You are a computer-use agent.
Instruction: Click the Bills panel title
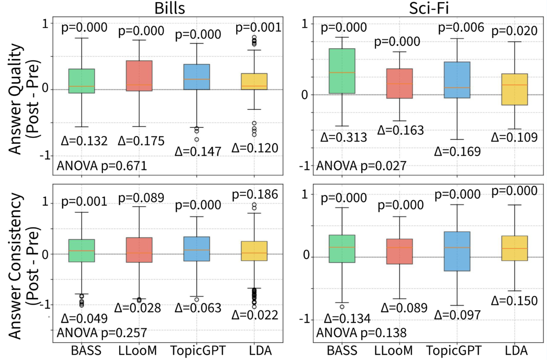click(170, 8)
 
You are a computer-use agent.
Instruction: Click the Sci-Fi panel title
click(429, 8)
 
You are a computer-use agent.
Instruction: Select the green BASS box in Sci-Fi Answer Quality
click(342, 71)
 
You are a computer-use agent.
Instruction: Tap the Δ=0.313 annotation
click(343, 137)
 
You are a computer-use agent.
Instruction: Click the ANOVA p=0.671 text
click(102, 166)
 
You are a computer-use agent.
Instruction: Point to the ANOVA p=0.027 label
click(361, 166)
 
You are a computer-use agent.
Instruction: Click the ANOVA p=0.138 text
click(361, 333)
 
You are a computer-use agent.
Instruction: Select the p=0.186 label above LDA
click(255, 194)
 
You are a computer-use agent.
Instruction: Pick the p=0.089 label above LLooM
click(141, 198)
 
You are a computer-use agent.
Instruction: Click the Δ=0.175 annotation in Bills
click(141, 141)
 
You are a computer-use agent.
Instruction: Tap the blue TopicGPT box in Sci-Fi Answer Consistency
click(457, 251)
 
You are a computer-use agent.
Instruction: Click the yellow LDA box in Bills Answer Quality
click(254, 81)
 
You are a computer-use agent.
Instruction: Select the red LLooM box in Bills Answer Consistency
click(139, 250)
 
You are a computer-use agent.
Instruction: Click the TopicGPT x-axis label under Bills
click(198, 351)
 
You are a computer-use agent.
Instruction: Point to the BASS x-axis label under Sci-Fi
click(342, 351)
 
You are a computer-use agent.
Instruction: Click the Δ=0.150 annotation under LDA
click(514, 301)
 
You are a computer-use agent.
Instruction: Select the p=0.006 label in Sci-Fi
click(461, 28)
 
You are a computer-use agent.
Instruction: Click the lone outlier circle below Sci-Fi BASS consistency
click(342, 307)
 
